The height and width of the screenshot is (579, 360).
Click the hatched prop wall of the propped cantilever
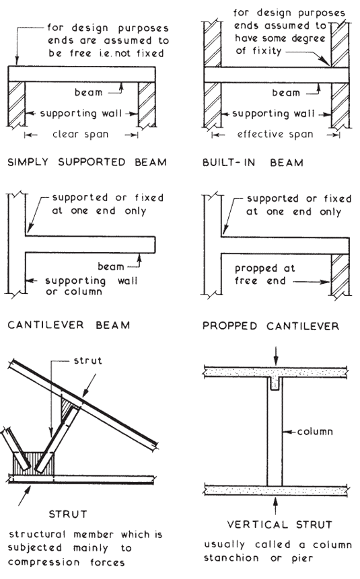click(x=340, y=277)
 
